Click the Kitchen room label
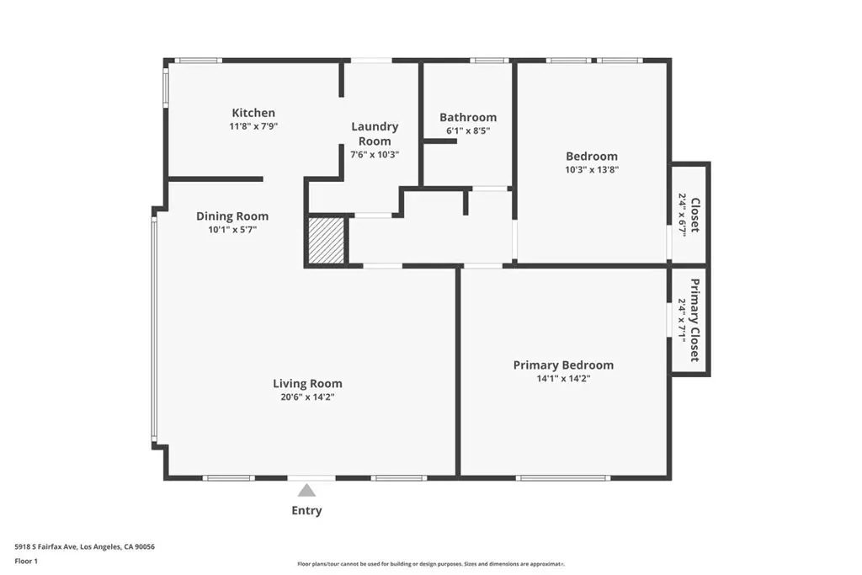point(253,113)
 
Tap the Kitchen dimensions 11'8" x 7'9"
point(253,126)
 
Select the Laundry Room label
point(375,134)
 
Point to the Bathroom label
point(468,117)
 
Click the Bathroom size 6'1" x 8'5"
point(468,130)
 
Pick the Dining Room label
point(232,216)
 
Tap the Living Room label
point(307,383)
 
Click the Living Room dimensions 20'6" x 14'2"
point(307,397)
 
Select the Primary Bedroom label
point(563,365)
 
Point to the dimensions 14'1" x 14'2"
point(563,378)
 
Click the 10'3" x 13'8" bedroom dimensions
point(592,170)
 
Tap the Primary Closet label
point(695,320)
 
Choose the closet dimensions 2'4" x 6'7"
point(682,215)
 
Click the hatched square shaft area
point(327,240)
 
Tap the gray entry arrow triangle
point(306,490)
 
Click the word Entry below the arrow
point(306,511)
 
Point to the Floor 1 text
point(26,562)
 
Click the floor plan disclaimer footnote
point(432,564)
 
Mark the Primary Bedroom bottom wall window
point(563,477)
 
